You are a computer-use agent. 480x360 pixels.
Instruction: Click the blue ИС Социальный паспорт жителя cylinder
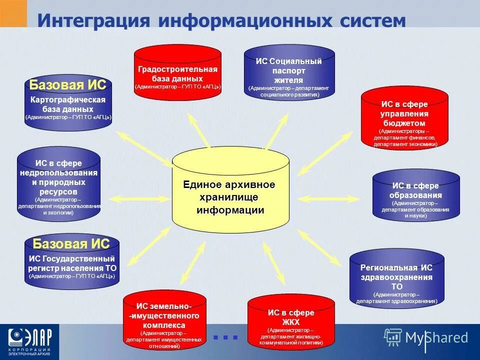289,75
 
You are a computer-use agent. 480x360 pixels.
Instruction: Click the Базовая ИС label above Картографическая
67,84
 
